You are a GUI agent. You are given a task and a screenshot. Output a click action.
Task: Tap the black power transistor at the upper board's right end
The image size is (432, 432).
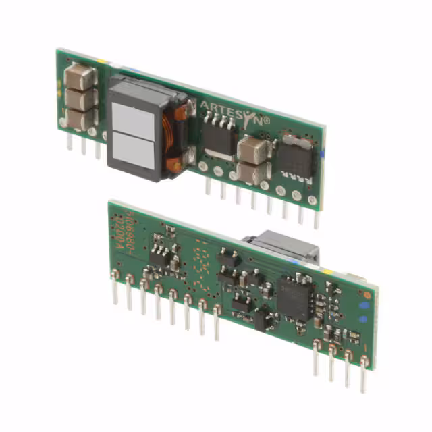294,157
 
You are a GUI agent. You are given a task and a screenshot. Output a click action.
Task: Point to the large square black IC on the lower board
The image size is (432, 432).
296,299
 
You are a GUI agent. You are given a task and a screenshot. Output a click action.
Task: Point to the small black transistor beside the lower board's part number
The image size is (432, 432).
160,255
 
